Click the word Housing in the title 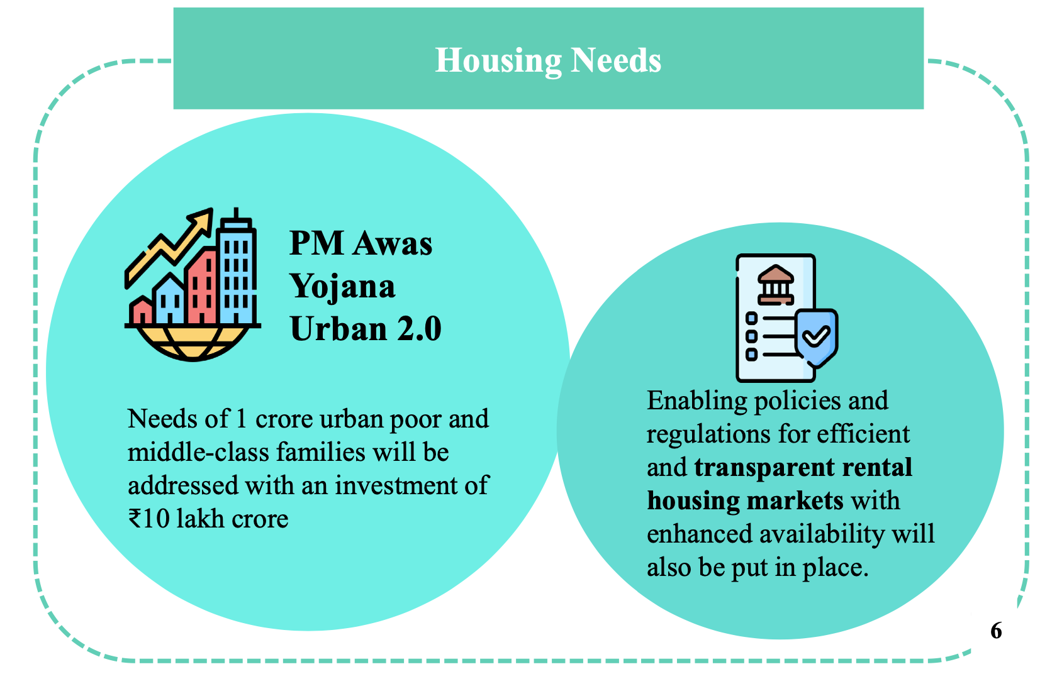click(498, 61)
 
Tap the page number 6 click(996, 631)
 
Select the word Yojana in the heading click(342, 286)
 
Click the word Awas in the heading click(393, 243)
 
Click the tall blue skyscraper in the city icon click(237, 271)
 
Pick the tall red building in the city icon click(201, 286)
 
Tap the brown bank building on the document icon click(776, 284)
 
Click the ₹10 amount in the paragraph click(148, 519)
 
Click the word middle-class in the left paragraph click(198, 452)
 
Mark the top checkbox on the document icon click(751, 318)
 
